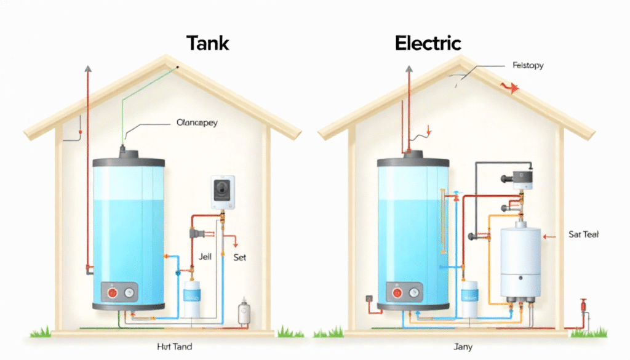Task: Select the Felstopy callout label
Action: (527, 65)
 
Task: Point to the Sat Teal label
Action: (584, 234)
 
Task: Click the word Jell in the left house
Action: (205, 257)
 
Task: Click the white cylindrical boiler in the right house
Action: (520, 262)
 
